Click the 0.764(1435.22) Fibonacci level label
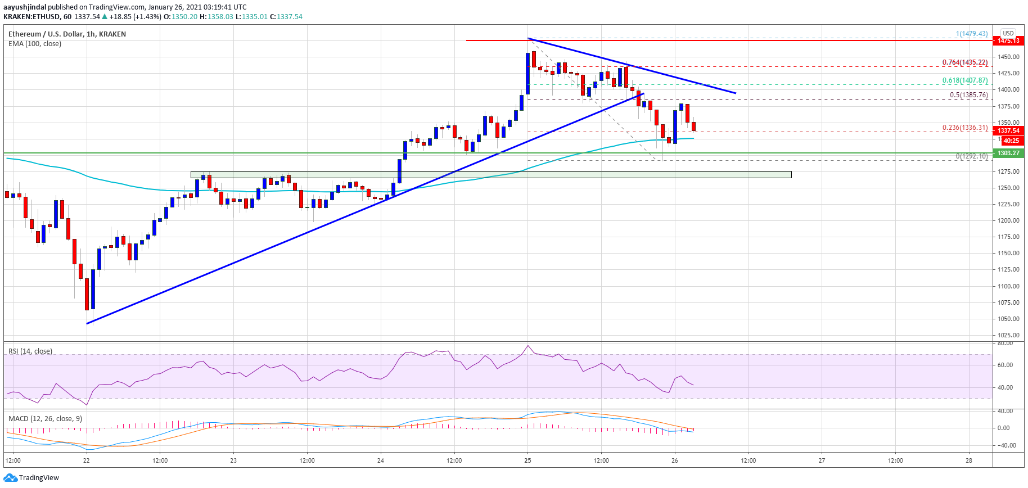point(965,62)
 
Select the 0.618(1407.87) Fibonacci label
point(965,80)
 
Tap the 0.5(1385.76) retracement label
point(968,95)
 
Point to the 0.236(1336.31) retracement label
point(965,128)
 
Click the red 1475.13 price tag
point(1008,40)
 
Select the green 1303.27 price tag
point(1008,153)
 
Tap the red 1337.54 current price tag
point(1008,130)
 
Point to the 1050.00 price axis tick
point(1009,319)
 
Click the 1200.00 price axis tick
point(1009,220)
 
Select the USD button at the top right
point(1008,33)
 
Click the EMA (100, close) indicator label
point(35,44)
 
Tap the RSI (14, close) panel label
point(30,351)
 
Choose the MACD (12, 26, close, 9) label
point(45,419)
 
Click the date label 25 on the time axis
point(527,460)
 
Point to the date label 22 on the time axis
point(86,460)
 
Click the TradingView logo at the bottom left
point(31,478)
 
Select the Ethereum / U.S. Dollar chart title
point(67,34)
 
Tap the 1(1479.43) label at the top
point(971,34)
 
